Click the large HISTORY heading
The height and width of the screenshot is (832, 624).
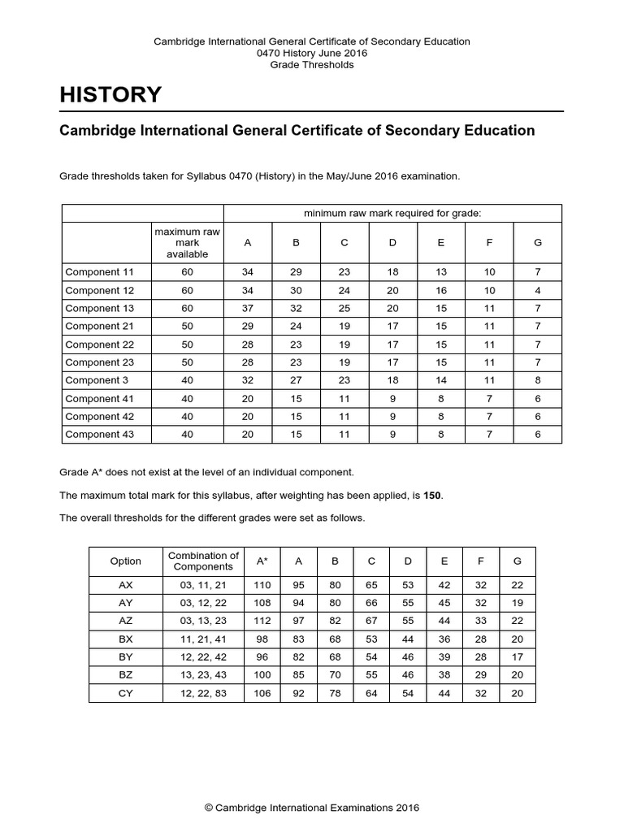click(110, 94)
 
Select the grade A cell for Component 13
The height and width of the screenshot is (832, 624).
click(248, 309)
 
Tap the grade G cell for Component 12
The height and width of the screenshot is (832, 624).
click(537, 291)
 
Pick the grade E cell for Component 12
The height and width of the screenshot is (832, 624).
click(441, 291)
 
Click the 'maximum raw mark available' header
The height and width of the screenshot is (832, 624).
click(187, 243)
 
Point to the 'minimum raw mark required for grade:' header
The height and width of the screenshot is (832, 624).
click(392, 213)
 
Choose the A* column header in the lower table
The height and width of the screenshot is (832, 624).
click(262, 561)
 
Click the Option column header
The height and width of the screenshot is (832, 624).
click(126, 561)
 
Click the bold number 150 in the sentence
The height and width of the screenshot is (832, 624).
click(433, 495)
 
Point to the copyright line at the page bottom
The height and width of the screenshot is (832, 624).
click(312, 808)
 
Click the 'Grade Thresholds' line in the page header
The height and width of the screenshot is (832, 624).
click(312, 65)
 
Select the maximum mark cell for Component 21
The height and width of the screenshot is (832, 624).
click(187, 327)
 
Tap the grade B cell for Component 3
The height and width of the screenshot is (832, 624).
click(297, 380)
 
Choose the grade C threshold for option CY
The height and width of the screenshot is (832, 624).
click(372, 694)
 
